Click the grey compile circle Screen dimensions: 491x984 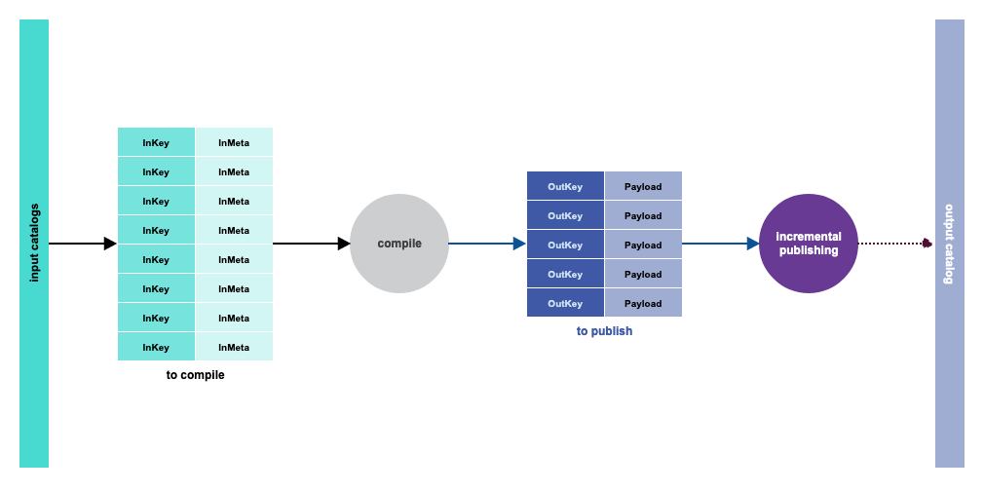tap(399, 244)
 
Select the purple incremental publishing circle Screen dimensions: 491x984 tap(808, 244)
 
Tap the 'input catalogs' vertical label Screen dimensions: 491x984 tap(34, 244)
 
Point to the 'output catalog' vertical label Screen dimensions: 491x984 tap(949, 244)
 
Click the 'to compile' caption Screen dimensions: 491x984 tap(195, 375)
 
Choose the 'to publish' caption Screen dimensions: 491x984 tap(604, 331)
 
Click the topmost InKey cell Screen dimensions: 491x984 tap(156, 142)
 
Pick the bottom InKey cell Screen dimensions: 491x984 tap(156, 347)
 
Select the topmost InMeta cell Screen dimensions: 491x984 tap(234, 142)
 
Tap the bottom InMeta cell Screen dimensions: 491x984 tap(234, 347)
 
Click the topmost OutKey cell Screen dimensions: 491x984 tap(565, 186)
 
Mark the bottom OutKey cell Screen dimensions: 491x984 tap(565, 303)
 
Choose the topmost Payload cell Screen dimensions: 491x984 tap(643, 186)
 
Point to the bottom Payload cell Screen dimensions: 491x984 tap(643, 303)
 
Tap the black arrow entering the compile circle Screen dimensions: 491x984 tap(312, 244)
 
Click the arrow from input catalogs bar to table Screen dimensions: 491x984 tap(83, 244)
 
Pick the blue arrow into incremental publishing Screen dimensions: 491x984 tap(721, 244)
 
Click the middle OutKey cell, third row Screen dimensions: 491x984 tap(565, 245)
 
